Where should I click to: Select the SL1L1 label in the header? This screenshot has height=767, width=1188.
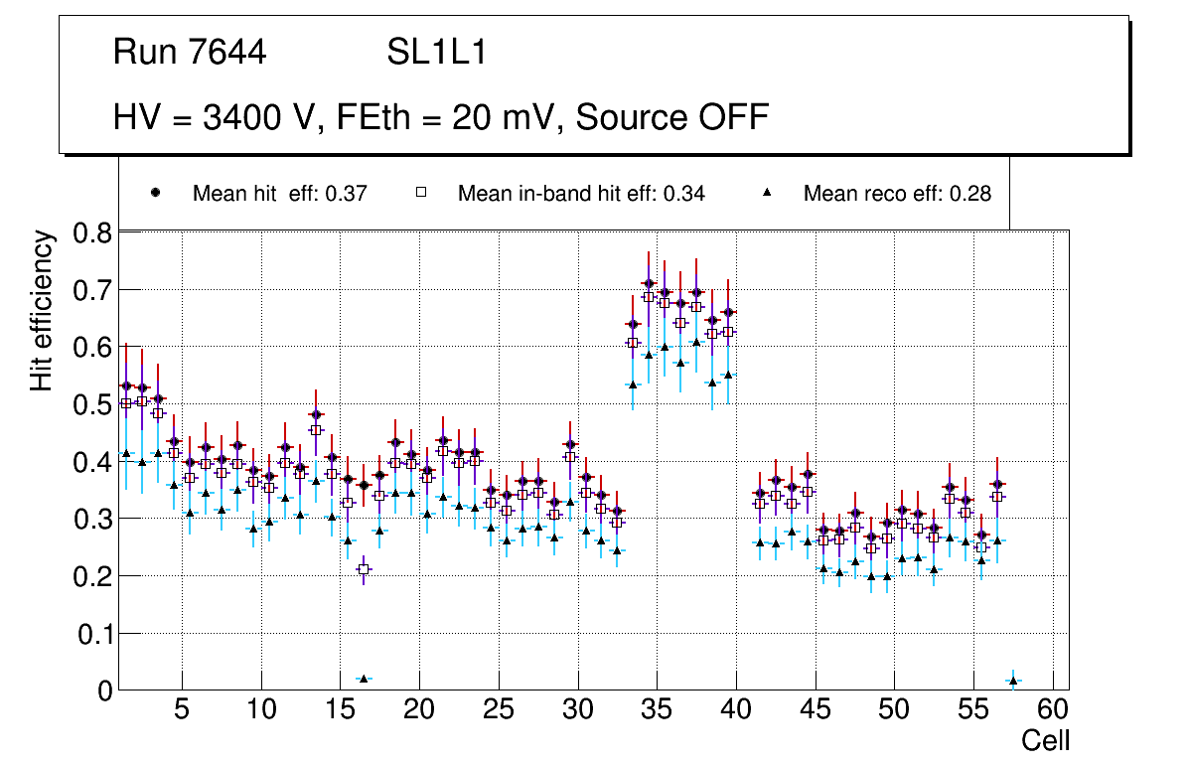437,53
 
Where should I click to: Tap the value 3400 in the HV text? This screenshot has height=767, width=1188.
243,117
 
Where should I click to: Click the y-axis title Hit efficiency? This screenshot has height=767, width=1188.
43,310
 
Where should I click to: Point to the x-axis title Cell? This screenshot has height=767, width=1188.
1046,741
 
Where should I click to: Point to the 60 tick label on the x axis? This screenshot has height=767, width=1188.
1053,711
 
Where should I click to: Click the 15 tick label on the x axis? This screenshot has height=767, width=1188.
340,711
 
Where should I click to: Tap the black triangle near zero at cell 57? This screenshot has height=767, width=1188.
1013,681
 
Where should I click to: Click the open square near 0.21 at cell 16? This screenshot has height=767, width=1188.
364,569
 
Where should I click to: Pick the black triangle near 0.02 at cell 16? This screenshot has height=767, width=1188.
364,679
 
